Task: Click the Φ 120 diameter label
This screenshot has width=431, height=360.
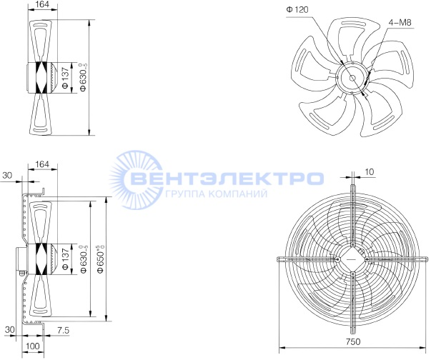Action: point(297,9)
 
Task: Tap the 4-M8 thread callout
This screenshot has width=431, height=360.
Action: point(400,23)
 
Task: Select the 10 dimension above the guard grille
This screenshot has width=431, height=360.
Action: point(370,172)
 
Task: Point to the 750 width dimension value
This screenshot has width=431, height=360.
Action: point(353,341)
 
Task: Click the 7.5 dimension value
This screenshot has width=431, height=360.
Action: point(63,330)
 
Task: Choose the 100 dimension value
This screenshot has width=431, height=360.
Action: point(32,346)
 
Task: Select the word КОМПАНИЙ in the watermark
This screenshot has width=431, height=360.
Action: point(237,194)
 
